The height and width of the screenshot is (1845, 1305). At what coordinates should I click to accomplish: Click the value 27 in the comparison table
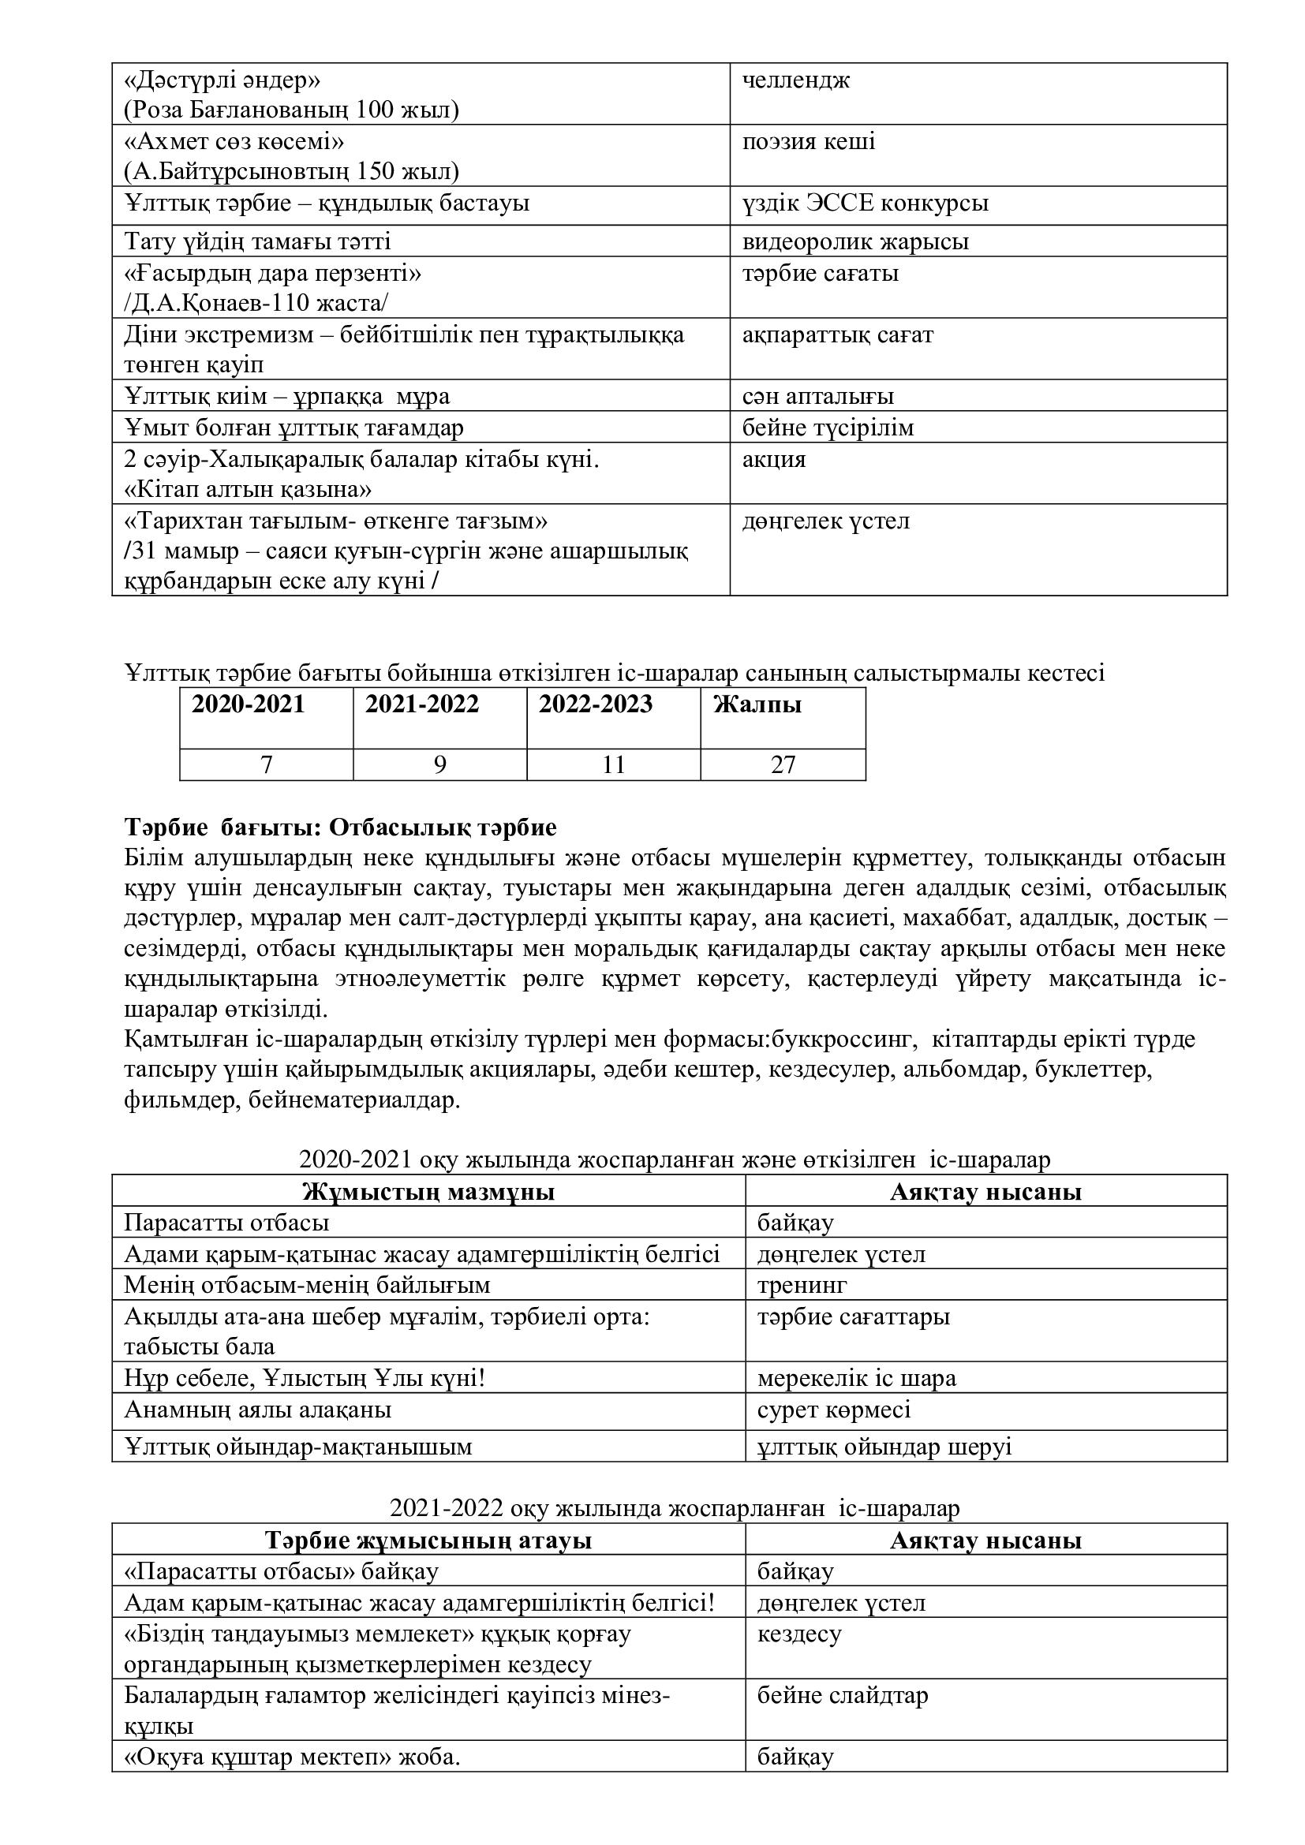click(783, 765)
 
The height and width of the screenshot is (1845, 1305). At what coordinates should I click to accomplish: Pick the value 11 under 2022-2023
click(613, 765)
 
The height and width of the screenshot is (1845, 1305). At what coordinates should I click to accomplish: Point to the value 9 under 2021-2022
click(439, 765)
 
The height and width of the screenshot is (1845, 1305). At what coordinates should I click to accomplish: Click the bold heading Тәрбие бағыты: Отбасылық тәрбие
click(340, 827)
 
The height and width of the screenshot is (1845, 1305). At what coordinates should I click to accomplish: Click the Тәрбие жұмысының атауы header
click(428, 1541)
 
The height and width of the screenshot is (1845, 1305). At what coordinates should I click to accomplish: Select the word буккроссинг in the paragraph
click(843, 1040)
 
